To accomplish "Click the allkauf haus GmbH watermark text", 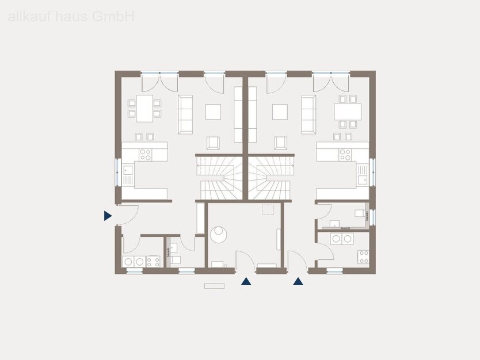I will (x=71, y=17).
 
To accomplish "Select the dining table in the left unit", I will (x=144, y=108).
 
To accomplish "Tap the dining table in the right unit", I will (x=348, y=111).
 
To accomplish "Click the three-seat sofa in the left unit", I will (x=185, y=114).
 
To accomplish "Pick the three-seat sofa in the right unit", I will (x=308, y=114).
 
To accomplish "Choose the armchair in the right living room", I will (x=280, y=143).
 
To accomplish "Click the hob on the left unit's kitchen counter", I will (x=146, y=155).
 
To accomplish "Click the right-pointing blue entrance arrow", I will (x=108, y=216).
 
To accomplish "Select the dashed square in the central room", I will (x=267, y=210).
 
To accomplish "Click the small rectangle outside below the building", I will (x=215, y=285).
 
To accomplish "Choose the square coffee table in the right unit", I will (x=280, y=112).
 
